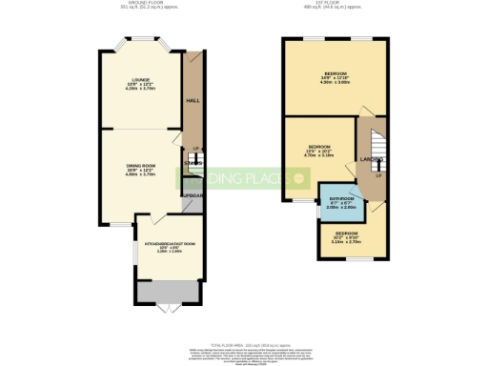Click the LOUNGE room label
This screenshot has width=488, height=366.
pyautogui.click(x=140, y=80)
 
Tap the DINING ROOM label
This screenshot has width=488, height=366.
pyautogui.click(x=140, y=166)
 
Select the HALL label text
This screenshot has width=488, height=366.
pyautogui.click(x=192, y=100)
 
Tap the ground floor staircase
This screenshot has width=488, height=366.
pyautogui.click(x=193, y=163)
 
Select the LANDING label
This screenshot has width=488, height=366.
pyautogui.click(x=372, y=158)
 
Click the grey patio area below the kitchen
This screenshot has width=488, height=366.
pyautogui.click(x=167, y=290)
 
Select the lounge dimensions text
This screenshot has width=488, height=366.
pyautogui.click(x=140, y=89)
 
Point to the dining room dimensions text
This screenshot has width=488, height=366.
pyautogui.click(x=140, y=173)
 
